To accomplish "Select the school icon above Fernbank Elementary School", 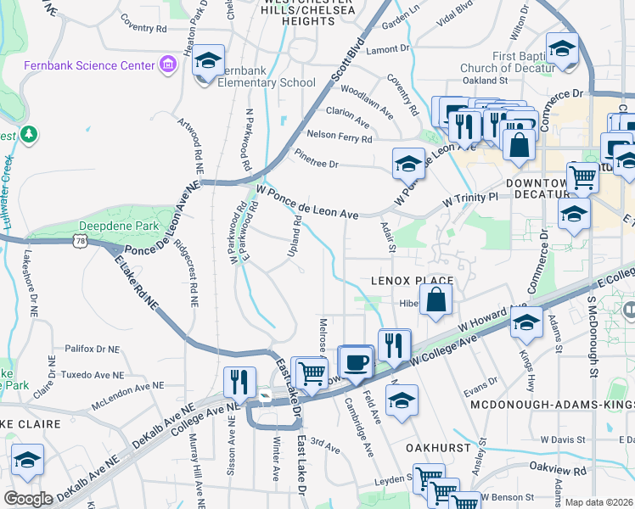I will (x=208, y=61).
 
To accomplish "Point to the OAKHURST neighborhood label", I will (x=436, y=446).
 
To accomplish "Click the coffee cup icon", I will (x=357, y=361).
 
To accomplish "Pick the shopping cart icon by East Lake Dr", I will (x=312, y=371).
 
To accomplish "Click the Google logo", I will (x=28, y=498).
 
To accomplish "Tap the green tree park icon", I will (x=29, y=133).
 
